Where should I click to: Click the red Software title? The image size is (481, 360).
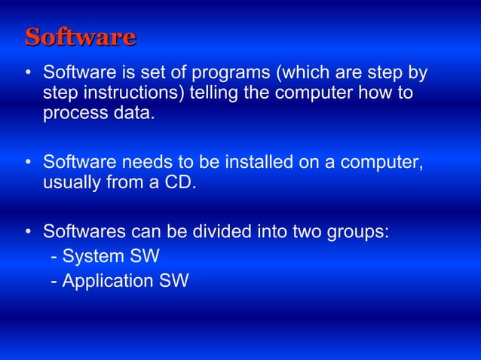pyautogui.click(x=80, y=37)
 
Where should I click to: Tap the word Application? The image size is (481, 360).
pyautogui.click(x=106, y=281)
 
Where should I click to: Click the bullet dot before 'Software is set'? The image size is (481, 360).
pyautogui.click(x=27, y=74)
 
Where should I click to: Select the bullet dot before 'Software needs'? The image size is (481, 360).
pyautogui.click(x=27, y=163)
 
